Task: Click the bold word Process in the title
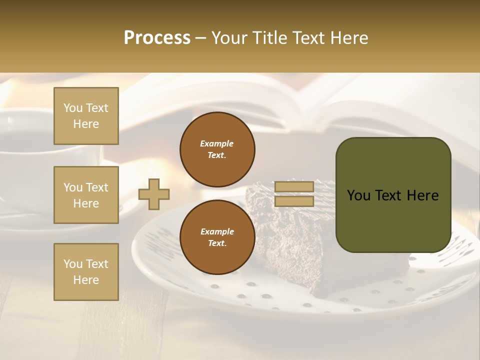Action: coord(157,38)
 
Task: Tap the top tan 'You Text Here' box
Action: coord(86,116)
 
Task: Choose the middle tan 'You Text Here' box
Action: coord(86,195)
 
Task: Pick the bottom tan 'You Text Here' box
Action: coord(86,272)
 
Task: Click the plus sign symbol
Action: coord(154,194)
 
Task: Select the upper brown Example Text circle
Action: coord(217,149)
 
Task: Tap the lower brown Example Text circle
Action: coord(217,237)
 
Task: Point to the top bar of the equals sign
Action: coord(294,187)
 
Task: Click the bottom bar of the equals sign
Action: coord(294,201)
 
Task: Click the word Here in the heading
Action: coord(349,38)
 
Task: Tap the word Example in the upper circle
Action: coord(216,143)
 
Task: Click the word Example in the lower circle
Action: coord(217,231)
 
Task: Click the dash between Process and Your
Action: coord(201,38)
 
